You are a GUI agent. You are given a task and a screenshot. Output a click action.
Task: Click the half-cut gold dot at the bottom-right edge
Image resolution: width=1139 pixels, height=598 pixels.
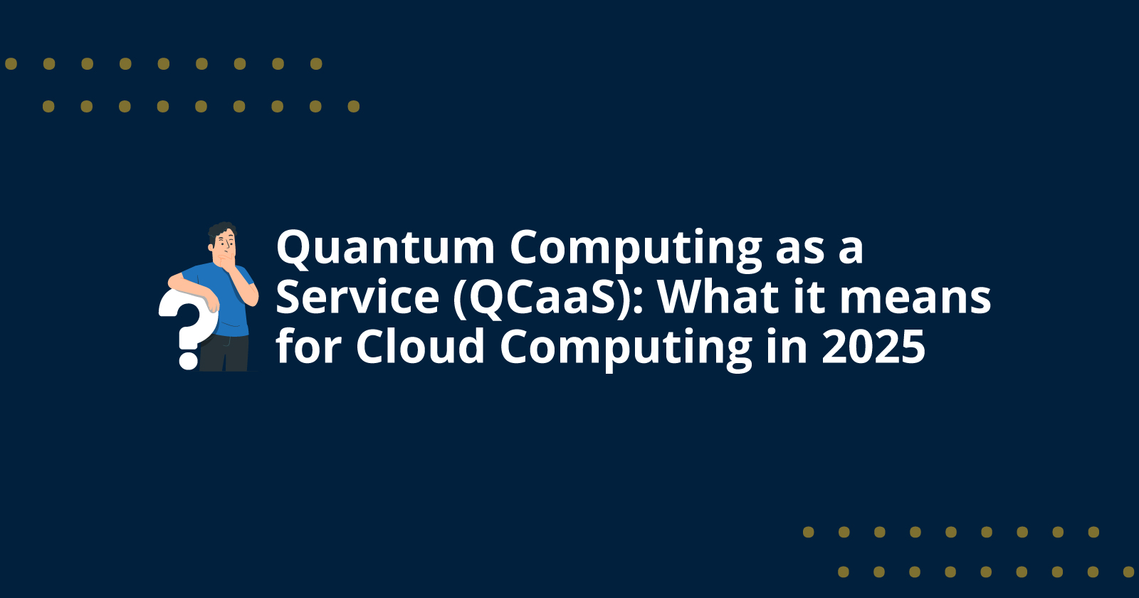1130,572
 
